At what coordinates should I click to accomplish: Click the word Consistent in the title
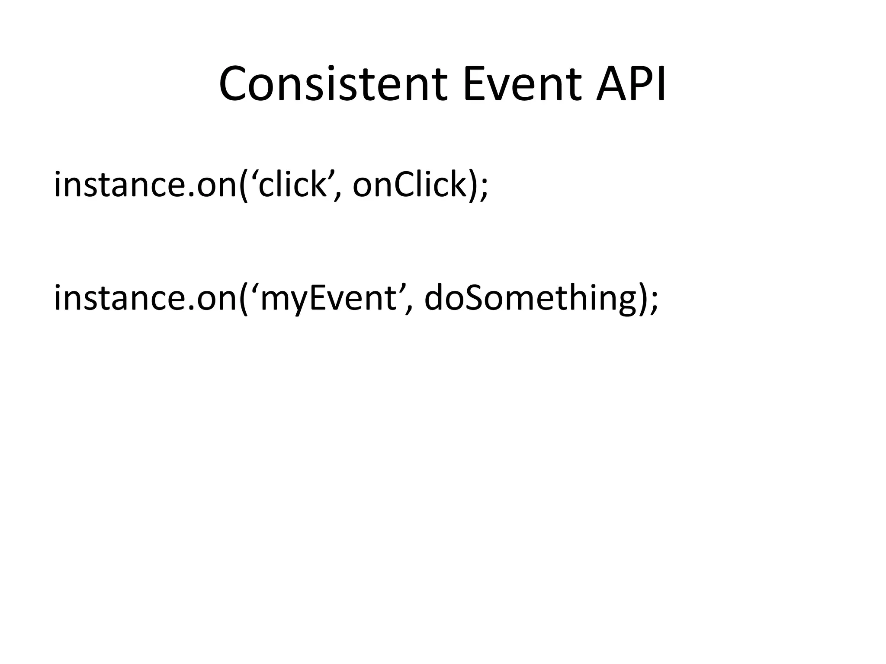[333, 84]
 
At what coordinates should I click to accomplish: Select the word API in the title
[631, 84]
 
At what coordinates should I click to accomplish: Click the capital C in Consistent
[236, 84]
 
